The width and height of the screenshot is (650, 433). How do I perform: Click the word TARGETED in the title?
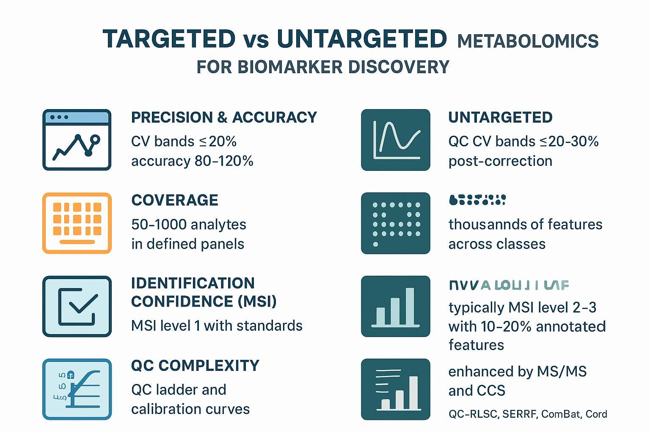169,39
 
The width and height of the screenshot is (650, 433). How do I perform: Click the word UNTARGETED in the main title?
361,39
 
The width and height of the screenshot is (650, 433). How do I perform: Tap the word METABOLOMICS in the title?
528,41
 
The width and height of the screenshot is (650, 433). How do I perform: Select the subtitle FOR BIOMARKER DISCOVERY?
322,67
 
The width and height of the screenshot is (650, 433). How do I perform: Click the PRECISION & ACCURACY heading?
224,117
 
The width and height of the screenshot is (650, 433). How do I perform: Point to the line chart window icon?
77,140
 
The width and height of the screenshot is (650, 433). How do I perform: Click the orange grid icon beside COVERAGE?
77,223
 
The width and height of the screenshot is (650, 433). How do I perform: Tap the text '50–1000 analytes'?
189,224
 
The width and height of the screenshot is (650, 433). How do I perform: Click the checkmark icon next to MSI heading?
77,306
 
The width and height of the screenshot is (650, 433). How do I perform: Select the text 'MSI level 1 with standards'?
217,326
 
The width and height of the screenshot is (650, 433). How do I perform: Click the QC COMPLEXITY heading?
195,365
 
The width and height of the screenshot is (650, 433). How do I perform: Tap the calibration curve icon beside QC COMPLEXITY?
77,389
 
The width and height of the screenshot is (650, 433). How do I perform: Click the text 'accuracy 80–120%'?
192,161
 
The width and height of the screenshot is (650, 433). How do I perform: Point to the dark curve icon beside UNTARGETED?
395,140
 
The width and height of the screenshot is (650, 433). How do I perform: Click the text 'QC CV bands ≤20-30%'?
523,141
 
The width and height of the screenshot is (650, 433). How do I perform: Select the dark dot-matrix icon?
395,223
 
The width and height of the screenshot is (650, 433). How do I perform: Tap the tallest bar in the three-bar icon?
410,306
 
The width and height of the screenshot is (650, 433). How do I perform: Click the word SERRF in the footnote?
520,414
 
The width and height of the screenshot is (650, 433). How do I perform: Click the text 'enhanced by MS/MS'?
517,372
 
